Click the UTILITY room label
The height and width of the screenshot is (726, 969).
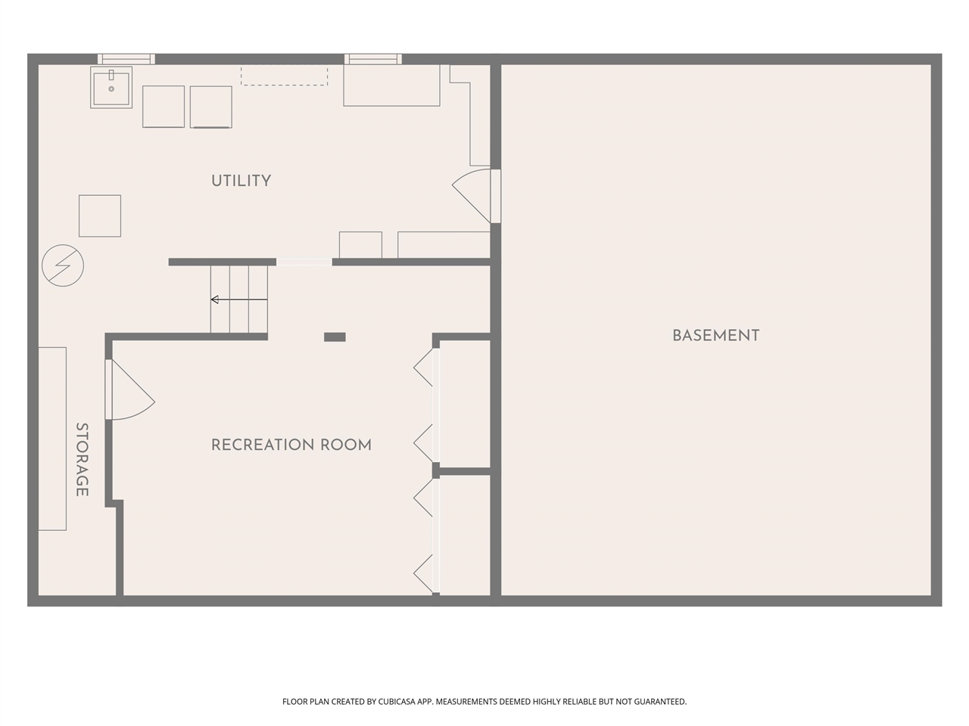click(241, 181)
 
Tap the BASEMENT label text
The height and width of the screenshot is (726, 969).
click(715, 336)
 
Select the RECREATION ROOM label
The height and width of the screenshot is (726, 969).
click(291, 445)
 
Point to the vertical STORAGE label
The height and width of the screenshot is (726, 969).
click(82, 460)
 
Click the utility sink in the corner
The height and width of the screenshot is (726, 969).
click(111, 88)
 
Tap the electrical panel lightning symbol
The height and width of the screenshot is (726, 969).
click(62, 265)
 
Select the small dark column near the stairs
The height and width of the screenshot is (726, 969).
click(335, 337)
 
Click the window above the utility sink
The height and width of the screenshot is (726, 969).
click(126, 59)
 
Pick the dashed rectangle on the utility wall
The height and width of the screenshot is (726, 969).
click(285, 76)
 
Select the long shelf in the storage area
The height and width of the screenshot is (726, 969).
click(52, 439)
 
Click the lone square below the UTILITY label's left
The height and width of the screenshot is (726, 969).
click(100, 216)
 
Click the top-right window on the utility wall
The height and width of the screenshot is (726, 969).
click(372, 59)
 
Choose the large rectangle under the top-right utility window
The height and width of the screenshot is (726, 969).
click(391, 85)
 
